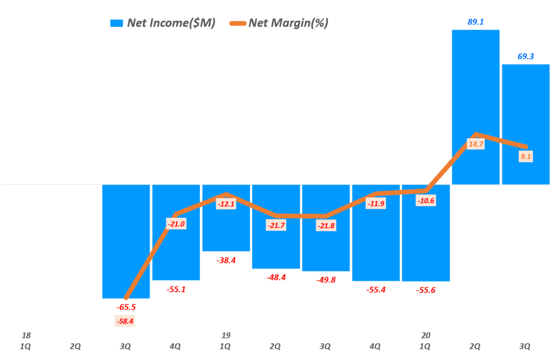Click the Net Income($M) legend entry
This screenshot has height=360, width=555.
(x=163, y=23)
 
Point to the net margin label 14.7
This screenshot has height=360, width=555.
(x=475, y=144)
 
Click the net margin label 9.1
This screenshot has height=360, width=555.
(x=525, y=157)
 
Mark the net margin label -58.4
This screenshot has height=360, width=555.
(x=126, y=322)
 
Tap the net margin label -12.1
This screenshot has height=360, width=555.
(x=226, y=204)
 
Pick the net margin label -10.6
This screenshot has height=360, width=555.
(x=425, y=201)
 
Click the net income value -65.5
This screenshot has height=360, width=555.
(x=126, y=307)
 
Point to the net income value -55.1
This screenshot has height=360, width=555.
(x=176, y=290)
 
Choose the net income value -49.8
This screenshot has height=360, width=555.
(x=326, y=280)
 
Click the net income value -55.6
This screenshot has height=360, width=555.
(x=425, y=290)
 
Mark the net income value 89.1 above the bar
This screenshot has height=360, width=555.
(x=475, y=22)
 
